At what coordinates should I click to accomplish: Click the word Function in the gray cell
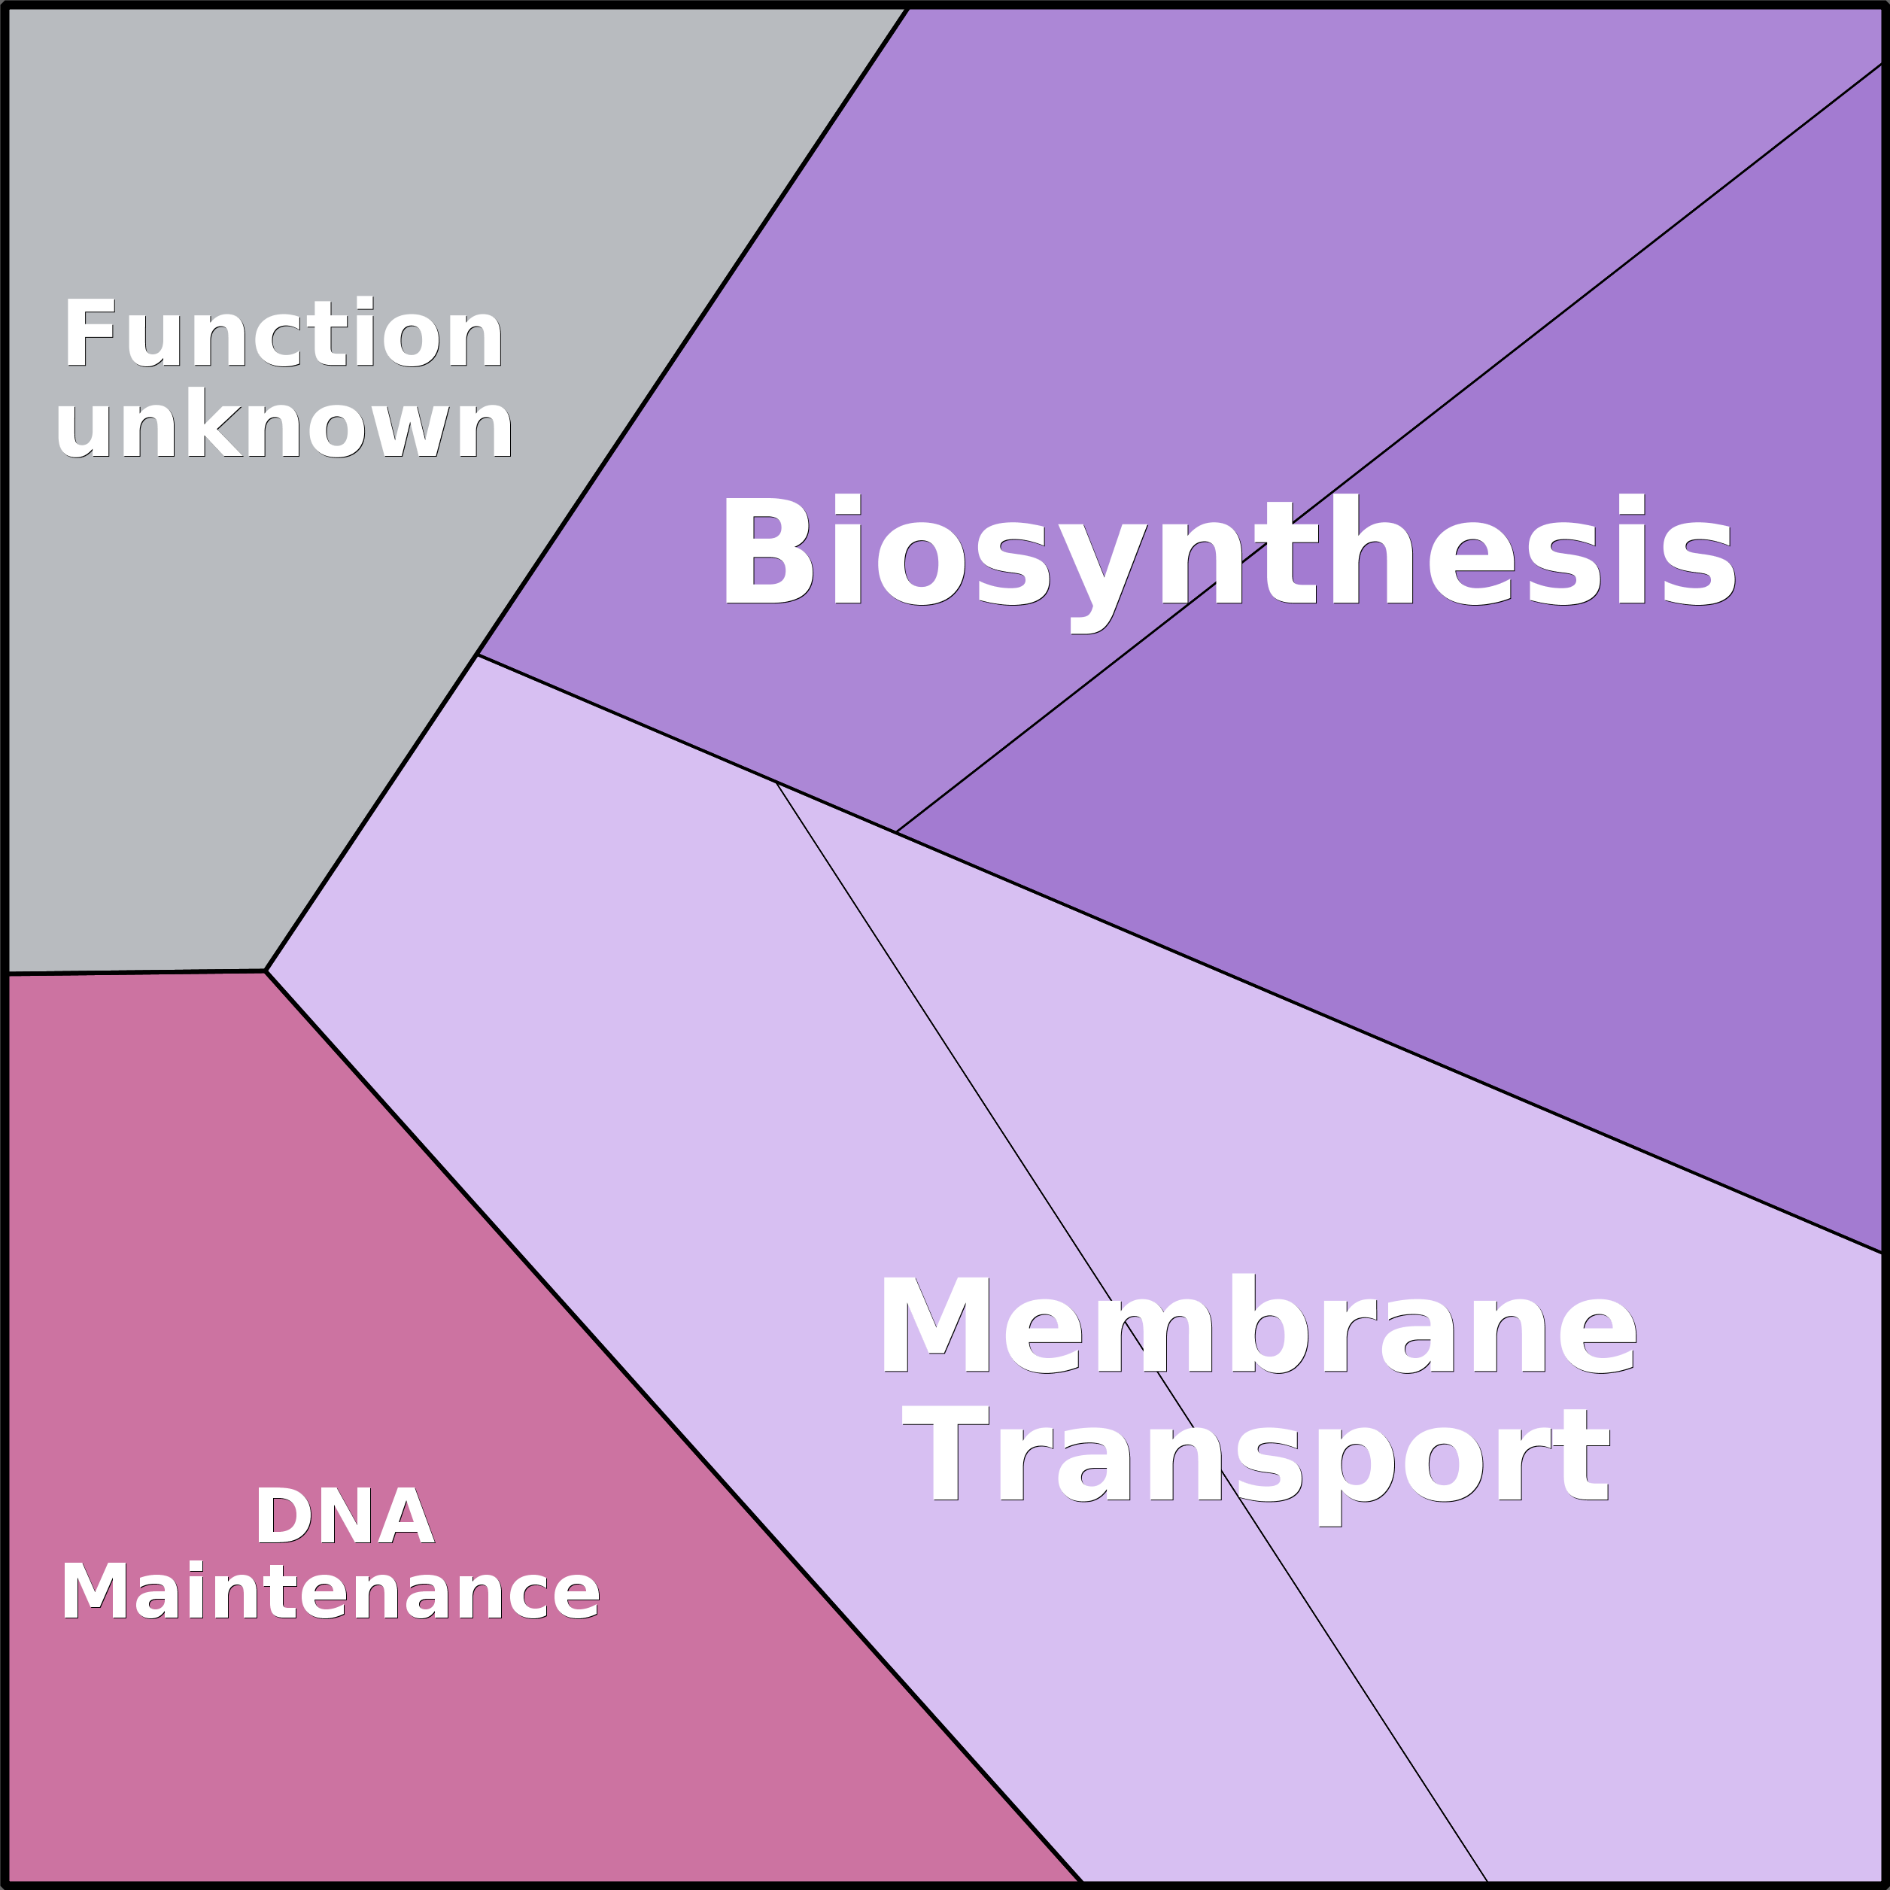(284, 333)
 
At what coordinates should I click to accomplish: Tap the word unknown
(284, 423)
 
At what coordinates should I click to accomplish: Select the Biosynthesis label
(1228, 564)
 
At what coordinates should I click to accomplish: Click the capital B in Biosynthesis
(769, 551)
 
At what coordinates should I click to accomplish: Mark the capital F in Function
(90, 333)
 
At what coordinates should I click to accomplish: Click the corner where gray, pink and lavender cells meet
(265, 971)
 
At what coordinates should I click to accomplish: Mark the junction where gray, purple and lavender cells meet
(476, 655)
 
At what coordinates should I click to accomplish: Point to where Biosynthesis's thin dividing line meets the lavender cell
(895, 831)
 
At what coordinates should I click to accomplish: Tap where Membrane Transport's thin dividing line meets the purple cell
(776, 782)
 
